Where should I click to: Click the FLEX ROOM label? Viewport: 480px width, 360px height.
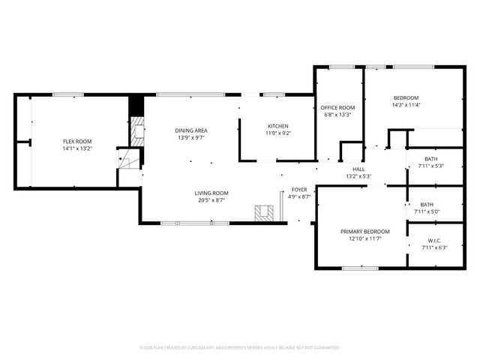pyautogui.click(x=77, y=141)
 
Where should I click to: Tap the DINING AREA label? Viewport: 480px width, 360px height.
pyautogui.click(x=190, y=130)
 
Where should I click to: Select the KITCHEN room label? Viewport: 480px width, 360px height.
pyautogui.click(x=278, y=125)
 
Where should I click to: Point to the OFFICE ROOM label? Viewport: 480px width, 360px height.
pyautogui.click(x=337, y=107)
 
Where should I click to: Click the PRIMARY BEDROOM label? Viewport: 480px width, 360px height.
pyautogui.click(x=365, y=231)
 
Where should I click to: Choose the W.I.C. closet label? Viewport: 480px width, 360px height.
pyautogui.click(x=431, y=240)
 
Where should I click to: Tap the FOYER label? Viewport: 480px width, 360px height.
pyautogui.click(x=299, y=189)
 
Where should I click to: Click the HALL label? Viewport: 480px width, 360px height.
pyautogui.click(x=358, y=169)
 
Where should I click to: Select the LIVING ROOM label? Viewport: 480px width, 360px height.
pyautogui.click(x=211, y=193)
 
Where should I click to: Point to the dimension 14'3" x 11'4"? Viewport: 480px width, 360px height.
pyautogui.click(x=406, y=105)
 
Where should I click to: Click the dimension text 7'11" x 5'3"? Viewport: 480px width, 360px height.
pyautogui.click(x=430, y=166)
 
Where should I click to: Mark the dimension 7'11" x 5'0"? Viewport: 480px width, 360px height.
pyautogui.click(x=427, y=211)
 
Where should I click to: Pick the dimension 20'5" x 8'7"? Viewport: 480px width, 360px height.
pyautogui.click(x=211, y=200)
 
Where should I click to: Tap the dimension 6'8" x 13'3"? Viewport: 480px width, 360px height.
pyautogui.click(x=337, y=115)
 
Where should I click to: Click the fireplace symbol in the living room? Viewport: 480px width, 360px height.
pyautogui.click(x=263, y=214)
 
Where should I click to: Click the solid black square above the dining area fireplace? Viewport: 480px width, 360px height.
pyautogui.click(x=136, y=106)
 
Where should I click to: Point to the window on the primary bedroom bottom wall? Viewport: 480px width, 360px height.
pyautogui.click(x=360, y=268)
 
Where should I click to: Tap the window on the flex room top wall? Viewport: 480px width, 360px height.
pyautogui.click(x=67, y=94)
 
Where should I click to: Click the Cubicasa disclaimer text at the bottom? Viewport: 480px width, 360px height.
pyautogui.click(x=240, y=347)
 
